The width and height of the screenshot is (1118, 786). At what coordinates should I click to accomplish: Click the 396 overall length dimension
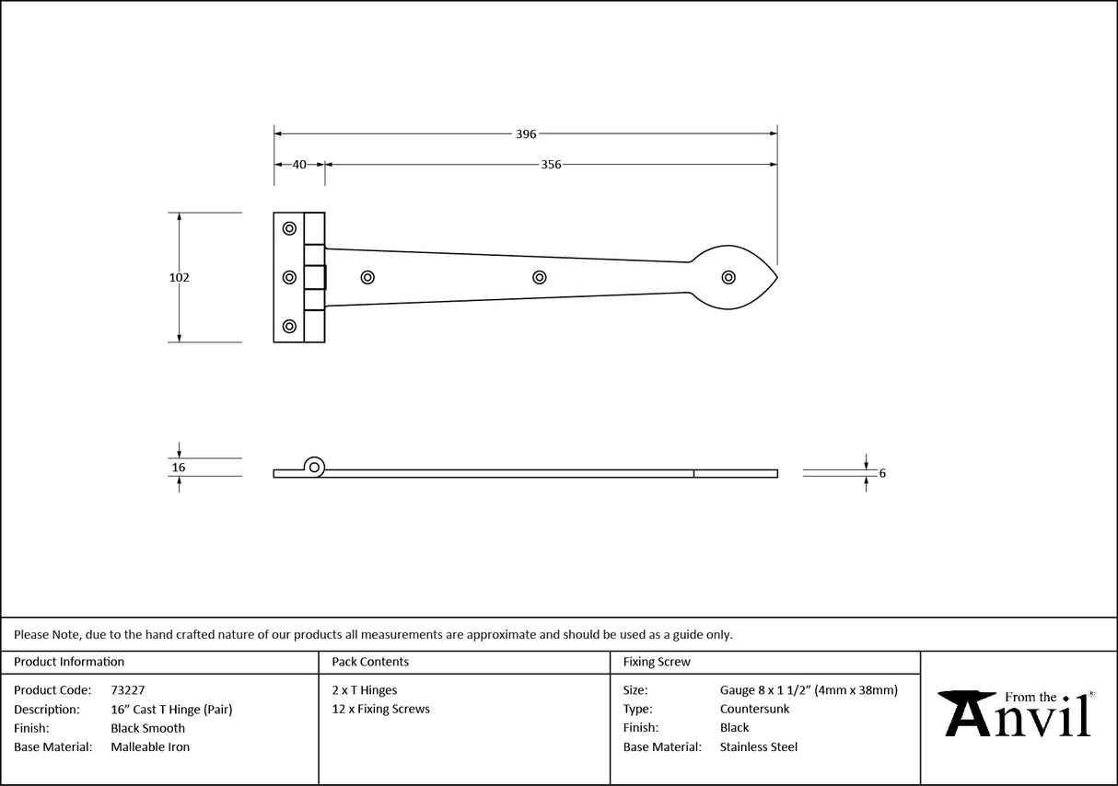pos(526,133)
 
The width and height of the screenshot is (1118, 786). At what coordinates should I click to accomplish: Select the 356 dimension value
pos(551,165)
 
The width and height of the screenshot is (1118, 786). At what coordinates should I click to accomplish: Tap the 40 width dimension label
pos(299,165)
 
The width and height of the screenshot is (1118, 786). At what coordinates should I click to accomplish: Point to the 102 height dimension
pos(179,277)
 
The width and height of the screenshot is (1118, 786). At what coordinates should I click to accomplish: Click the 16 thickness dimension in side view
pos(179,468)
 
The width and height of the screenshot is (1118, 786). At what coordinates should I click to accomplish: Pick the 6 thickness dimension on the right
pos(882,473)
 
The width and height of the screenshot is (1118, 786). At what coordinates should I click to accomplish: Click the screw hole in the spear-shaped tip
pos(728,277)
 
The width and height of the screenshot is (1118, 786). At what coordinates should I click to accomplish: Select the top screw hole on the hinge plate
pos(289,228)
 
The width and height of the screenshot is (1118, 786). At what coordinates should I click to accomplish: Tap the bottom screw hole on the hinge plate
pos(289,326)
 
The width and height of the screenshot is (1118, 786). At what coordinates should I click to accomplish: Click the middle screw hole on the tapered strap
pos(539,277)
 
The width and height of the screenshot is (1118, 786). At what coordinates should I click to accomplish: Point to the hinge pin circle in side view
pos(315,468)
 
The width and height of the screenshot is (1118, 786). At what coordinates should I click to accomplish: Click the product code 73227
pos(127,689)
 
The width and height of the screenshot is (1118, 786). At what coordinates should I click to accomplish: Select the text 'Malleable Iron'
pos(150,747)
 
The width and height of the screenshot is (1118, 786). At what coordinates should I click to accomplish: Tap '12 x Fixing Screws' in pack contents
pos(380,709)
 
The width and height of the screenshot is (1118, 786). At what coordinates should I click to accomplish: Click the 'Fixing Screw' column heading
pos(656,662)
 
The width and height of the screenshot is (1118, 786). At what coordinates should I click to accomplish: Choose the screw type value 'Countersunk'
pos(754,709)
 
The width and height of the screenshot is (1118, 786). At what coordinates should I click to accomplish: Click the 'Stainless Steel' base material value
pos(758,747)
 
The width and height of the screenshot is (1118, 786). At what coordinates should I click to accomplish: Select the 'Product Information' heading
pos(69,662)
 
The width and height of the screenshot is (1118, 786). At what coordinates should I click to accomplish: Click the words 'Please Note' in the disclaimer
pos(46,634)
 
